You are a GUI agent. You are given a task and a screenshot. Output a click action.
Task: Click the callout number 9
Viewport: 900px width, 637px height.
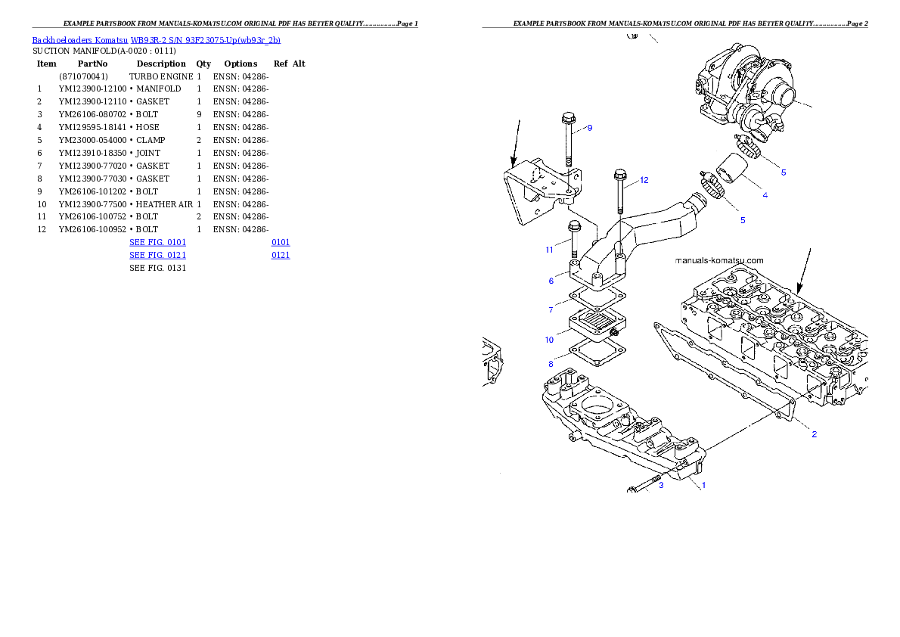(589, 128)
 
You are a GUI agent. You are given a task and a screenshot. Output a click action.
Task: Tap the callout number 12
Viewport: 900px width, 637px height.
(644, 181)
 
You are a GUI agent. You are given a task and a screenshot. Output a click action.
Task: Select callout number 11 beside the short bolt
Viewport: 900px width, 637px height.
(550, 249)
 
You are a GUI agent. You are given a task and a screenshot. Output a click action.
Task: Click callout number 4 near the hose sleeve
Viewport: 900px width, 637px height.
(765, 195)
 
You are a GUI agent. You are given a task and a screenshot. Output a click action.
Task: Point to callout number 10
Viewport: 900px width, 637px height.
(550, 340)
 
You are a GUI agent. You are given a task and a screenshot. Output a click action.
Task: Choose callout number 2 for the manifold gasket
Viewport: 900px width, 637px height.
(814, 434)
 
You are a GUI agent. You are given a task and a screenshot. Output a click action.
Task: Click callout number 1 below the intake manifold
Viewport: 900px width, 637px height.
(703, 485)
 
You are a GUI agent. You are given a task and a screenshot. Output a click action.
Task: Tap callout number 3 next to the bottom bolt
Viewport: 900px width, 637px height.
(660, 485)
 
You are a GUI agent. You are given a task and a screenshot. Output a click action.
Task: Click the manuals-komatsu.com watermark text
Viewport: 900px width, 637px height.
(718, 260)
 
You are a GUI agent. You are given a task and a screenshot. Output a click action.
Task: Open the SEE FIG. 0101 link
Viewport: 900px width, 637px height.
(157, 242)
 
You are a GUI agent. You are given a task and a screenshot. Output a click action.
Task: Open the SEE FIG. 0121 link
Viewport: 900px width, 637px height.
(157, 256)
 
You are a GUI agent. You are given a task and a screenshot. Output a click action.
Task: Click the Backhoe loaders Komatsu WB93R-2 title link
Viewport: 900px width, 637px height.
(156, 40)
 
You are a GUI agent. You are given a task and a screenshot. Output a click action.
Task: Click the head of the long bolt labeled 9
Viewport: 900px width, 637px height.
(567, 118)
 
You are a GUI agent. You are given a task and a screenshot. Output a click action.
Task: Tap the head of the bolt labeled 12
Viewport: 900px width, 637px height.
(619, 174)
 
